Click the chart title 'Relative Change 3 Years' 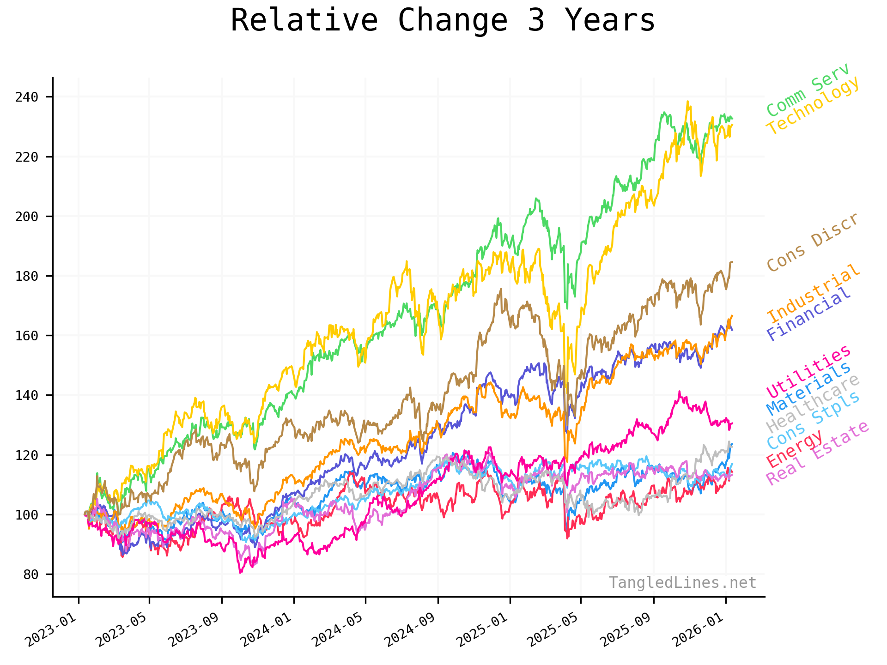(x=443, y=21)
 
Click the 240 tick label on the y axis (x=26, y=97)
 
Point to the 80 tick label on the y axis (x=31, y=574)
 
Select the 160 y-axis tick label (x=26, y=336)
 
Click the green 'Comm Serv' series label (x=808, y=90)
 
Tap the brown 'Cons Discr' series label (x=813, y=243)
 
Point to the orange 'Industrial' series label (x=814, y=293)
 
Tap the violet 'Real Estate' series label (x=818, y=453)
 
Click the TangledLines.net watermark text (x=682, y=583)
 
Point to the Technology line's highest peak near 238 (x=687, y=102)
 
